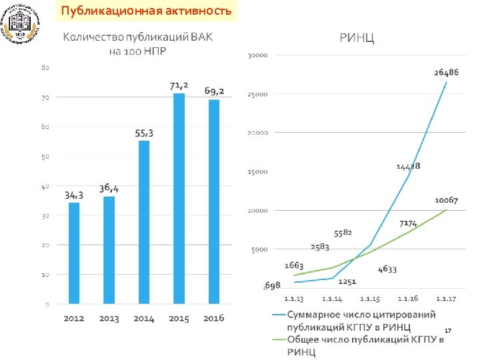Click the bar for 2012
[x=74, y=253]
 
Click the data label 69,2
[x=214, y=91]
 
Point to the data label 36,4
[x=109, y=188]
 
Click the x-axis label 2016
[x=213, y=319]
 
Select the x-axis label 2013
[x=109, y=319]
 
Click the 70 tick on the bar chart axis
[x=44, y=97]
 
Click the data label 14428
[x=407, y=165]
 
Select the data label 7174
[x=408, y=223]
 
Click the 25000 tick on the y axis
[x=257, y=94]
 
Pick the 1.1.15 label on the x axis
[x=369, y=298]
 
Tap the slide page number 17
[x=448, y=331]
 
